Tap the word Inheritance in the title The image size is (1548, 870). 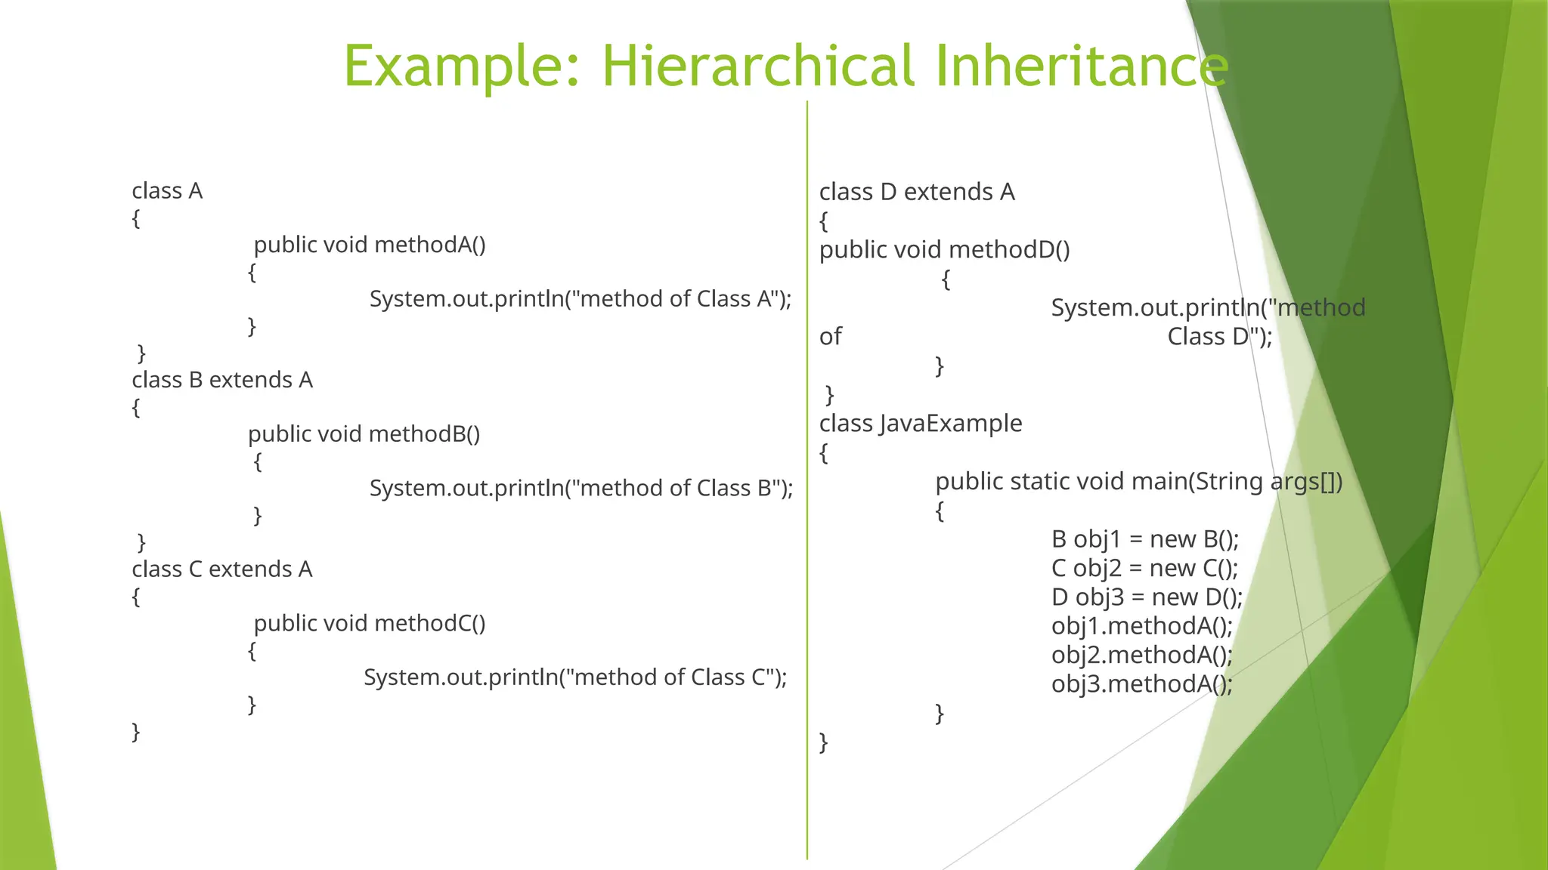tap(1081, 66)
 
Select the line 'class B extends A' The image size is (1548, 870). tap(222, 380)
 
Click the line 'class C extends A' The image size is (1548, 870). tap(222, 569)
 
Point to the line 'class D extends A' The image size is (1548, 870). tap(917, 192)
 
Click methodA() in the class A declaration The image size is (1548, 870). tap(430, 245)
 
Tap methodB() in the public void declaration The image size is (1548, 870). tap(425, 434)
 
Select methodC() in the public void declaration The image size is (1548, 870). tap(430, 623)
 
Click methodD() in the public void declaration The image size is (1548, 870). tap(1009, 250)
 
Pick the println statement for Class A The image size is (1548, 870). tap(580, 299)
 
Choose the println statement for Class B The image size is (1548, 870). tap(580, 488)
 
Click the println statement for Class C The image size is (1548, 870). tap(575, 677)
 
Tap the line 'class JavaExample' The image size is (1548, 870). tap(921, 424)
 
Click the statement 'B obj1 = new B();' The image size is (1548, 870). tap(1144, 539)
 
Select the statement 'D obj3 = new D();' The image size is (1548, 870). tap(1147, 597)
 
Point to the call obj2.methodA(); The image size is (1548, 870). tap(1141, 655)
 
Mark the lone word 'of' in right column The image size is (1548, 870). tap(830, 337)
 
